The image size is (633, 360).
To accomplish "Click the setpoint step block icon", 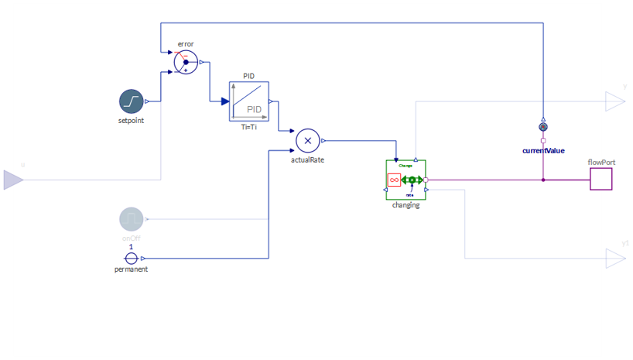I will pyautogui.click(x=132, y=101).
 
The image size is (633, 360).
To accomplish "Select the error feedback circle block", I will pyautogui.click(x=186, y=63).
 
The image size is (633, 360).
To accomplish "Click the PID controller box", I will pyautogui.click(x=248, y=101).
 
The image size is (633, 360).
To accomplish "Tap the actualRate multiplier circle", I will pyautogui.click(x=307, y=140).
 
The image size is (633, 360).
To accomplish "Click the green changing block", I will pyautogui.click(x=405, y=180).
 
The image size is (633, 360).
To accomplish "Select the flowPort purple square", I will pyautogui.click(x=600, y=179).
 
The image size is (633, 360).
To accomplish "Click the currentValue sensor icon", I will pyautogui.click(x=543, y=127).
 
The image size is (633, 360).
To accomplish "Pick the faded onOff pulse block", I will pyautogui.click(x=132, y=219).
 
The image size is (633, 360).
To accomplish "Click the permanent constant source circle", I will pyautogui.click(x=132, y=259).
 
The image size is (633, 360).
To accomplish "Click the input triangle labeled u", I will pyautogui.click(x=13, y=180).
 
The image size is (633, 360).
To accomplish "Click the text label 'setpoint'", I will pyautogui.click(x=131, y=121).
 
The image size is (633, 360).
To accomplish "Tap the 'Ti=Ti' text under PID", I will pyautogui.click(x=248, y=127).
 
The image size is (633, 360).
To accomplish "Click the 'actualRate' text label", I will pyautogui.click(x=307, y=160).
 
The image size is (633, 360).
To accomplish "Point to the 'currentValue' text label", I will pyautogui.click(x=543, y=150).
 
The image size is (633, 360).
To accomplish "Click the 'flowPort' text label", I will pyautogui.click(x=600, y=163).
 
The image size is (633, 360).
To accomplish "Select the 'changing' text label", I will pyautogui.click(x=405, y=205).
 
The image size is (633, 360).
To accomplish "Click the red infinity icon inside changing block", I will pyautogui.click(x=394, y=180).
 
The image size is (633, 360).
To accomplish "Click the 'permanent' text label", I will pyautogui.click(x=131, y=269).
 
